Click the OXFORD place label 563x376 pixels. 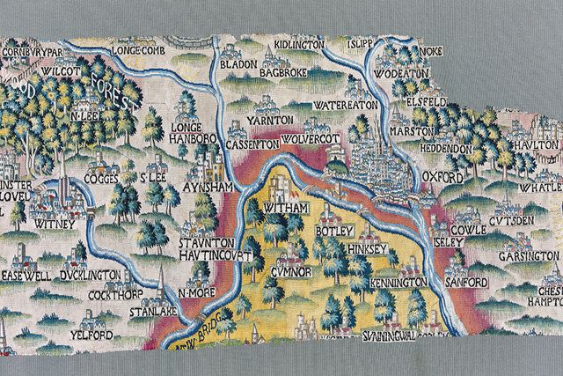[x=442, y=177]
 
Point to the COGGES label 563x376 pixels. [x=104, y=177]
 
